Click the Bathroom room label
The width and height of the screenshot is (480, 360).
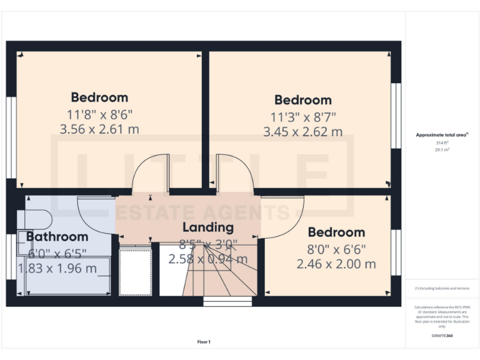click(57, 237)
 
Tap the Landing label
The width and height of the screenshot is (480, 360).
click(207, 227)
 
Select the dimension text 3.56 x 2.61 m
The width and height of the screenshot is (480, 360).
click(99, 129)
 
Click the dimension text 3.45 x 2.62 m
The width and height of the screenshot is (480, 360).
click(303, 132)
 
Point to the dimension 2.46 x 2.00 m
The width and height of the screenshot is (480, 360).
click(336, 264)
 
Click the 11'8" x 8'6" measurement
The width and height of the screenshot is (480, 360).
click(99, 114)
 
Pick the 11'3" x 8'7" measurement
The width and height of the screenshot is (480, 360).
click(303, 116)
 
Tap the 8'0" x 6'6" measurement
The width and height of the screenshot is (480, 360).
click(336, 249)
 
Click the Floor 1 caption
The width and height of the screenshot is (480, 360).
click(204, 342)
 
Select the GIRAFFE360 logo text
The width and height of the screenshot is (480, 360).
click(441, 336)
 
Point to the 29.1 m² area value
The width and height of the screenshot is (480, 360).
click(442, 149)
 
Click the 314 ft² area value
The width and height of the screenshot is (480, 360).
click(442, 143)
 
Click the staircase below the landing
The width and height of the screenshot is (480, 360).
click(219, 278)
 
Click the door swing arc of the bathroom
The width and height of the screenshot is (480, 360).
click(94, 216)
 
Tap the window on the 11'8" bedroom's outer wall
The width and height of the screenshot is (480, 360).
click(10, 137)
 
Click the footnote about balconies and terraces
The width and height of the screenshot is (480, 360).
click(441, 288)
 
